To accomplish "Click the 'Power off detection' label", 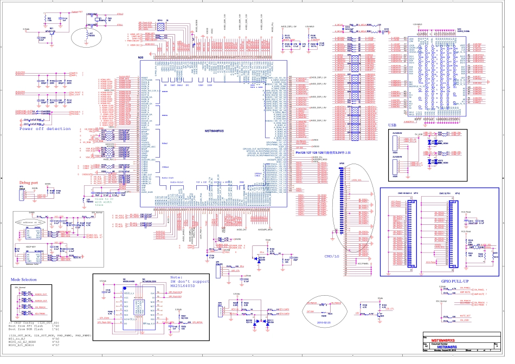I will tap(45, 129).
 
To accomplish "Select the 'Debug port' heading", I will tap(29, 183).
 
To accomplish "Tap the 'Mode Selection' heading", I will tap(24, 279).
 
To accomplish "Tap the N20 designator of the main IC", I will tap(141, 57).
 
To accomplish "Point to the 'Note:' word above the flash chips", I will tap(177, 276).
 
